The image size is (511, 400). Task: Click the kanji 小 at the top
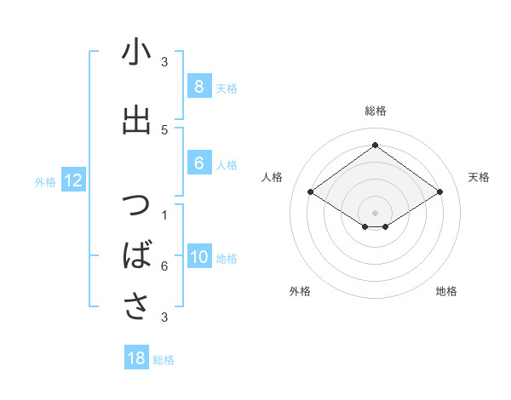point(136,53)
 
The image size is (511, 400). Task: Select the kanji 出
point(136,121)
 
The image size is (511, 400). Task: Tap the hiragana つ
point(136,207)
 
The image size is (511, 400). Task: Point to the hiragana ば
point(137,255)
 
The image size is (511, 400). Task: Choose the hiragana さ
point(136,306)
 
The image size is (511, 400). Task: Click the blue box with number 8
point(198,86)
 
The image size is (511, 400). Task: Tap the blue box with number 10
point(199,258)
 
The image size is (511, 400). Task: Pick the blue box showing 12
point(72,180)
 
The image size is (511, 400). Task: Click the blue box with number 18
point(136,358)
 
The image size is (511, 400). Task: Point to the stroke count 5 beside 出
point(164,129)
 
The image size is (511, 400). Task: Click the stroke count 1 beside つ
point(164,214)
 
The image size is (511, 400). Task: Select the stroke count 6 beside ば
point(164,266)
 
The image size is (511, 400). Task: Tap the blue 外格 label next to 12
point(45,181)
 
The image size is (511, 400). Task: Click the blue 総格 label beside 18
point(164,360)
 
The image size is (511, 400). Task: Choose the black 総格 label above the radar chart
point(375,111)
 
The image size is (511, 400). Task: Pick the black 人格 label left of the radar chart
point(273,177)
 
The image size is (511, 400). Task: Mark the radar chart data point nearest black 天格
point(439,192)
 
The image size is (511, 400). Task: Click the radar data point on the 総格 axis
point(375,146)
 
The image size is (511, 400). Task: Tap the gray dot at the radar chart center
point(375,211)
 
